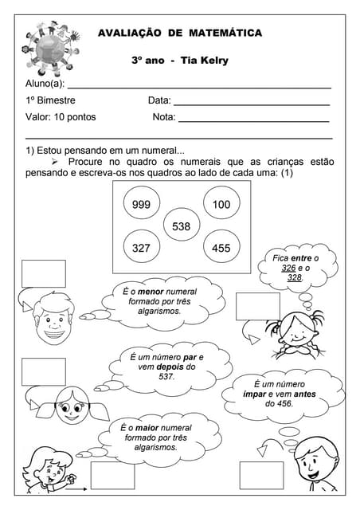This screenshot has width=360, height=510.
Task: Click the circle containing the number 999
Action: pos(141,205)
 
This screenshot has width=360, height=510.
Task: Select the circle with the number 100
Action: pos(221,205)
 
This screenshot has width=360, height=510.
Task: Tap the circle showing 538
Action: pos(181,226)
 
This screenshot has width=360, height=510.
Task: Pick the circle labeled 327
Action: pos(141,248)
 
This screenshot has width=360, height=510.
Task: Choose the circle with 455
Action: pos(221,248)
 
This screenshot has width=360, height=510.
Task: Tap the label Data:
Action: pos(159,100)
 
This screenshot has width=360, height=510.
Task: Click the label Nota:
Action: pos(163,117)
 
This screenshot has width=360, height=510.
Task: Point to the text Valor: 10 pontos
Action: pos(61,117)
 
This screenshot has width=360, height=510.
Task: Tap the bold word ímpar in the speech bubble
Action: pos(259,394)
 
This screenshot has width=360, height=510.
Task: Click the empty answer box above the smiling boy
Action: pos(43,273)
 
